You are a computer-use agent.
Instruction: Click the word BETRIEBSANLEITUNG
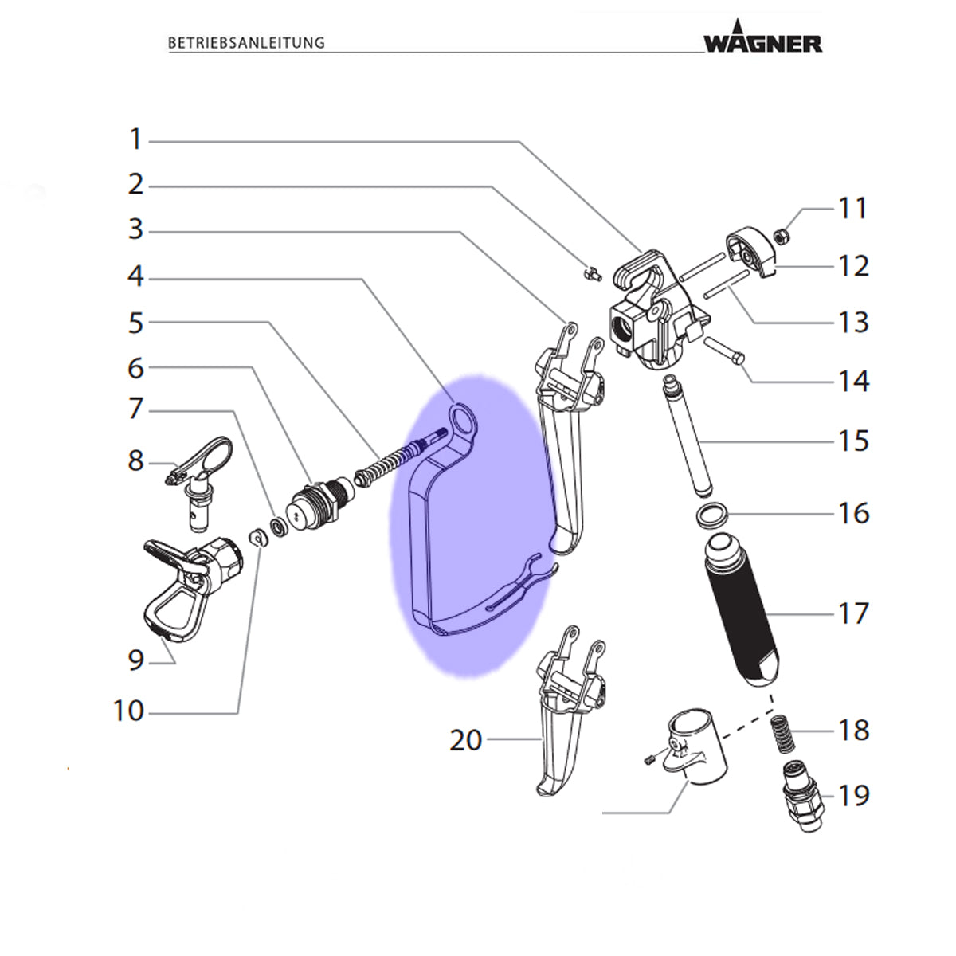click(x=246, y=43)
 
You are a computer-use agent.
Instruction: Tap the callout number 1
click(x=135, y=139)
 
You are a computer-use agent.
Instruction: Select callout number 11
click(x=852, y=209)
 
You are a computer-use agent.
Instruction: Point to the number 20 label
click(x=466, y=741)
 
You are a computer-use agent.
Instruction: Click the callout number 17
click(x=853, y=613)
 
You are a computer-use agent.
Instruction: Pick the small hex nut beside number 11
click(x=783, y=235)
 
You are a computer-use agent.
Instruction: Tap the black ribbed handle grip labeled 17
click(x=741, y=612)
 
